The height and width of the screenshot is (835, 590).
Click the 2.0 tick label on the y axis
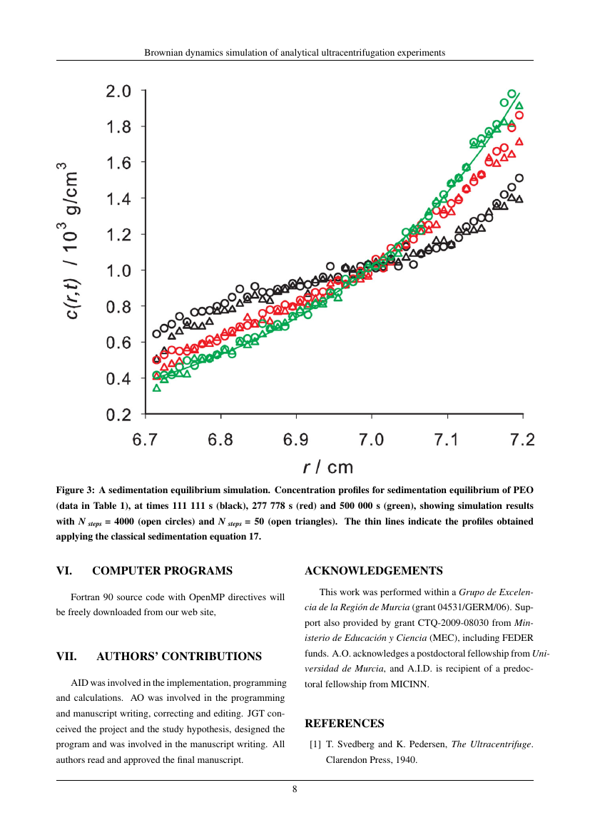click(x=118, y=91)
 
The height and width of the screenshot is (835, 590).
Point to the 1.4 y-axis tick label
click(x=118, y=198)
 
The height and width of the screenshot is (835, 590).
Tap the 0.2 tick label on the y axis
click(x=118, y=415)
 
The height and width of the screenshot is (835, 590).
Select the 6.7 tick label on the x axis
click(x=145, y=440)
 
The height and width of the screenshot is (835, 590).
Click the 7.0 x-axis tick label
click(x=371, y=440)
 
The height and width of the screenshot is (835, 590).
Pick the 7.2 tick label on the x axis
click(x=522, y=440)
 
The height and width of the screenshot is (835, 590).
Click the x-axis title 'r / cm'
click(x=328, y=467)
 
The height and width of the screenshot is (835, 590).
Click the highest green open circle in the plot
click(x=512, y=93)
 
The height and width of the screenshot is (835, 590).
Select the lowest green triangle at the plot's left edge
click(x=156, y=388)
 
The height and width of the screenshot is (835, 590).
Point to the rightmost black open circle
click(x=519, y=178)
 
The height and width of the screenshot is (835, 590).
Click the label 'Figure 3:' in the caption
click(x=76, y=490)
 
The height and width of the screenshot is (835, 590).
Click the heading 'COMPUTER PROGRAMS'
click(x=163, y=570)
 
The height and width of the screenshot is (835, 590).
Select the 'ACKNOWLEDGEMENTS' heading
click(x=374, y=570)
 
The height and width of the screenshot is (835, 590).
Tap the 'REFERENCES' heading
click(x=345, y=723)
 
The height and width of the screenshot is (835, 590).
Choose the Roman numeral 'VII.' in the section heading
click(x=66, y=656)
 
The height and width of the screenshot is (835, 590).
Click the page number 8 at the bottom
click(x=295, y=789)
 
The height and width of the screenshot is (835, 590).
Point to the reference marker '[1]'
click(x=315, y=744)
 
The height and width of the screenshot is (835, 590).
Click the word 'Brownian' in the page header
click(x=161, y=53)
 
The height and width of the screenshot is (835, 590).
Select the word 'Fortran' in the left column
click(x=85, y=597)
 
